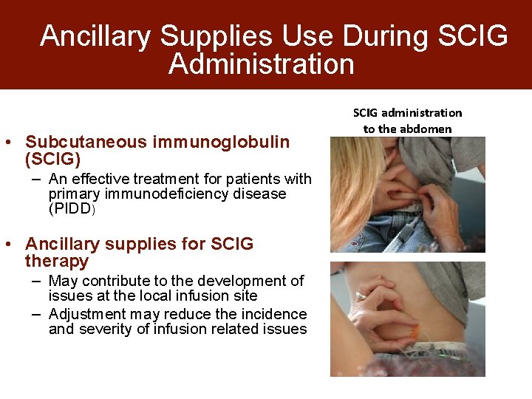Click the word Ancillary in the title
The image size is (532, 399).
[x=96, y=35]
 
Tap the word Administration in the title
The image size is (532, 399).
[x=261, y=64]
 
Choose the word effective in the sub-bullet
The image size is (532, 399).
[x=109, y=179]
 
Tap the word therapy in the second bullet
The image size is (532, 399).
[x=57, y=261]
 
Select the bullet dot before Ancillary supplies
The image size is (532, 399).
[x=16, y=245]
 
